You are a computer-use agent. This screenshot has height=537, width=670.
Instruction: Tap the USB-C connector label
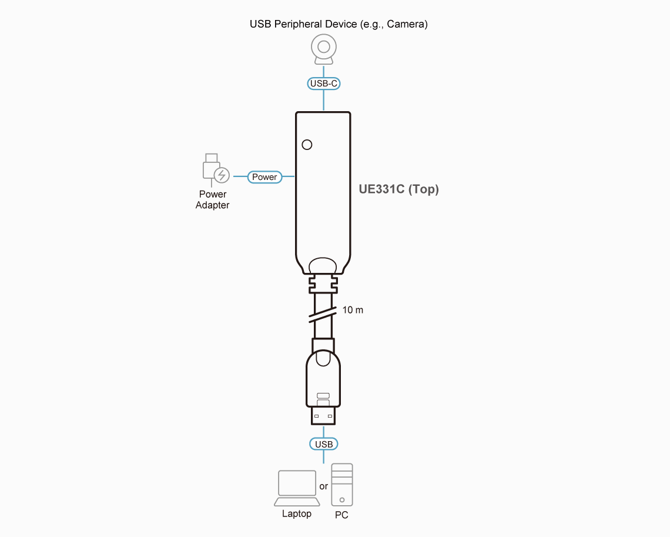[323, 84]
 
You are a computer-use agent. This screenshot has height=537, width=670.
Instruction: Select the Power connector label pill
[264, 176]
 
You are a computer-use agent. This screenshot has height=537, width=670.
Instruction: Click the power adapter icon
[216, 169]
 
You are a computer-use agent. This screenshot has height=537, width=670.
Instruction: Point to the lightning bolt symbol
[222, 175]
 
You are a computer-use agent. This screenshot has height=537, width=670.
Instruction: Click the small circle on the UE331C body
[307, 145]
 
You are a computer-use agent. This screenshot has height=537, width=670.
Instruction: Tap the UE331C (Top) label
[398, 189]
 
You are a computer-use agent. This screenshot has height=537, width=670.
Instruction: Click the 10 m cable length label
[353, 310]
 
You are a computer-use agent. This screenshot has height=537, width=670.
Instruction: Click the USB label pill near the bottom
[323, 444]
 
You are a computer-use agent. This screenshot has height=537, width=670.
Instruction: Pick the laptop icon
[297, 488]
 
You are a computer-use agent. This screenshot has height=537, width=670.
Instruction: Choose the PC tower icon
[342, 485]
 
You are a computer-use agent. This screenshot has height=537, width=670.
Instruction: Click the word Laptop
[297, 513]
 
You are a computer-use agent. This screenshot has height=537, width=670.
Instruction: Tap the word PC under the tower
[341, 515]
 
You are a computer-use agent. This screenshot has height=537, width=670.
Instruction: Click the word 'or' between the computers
[323, 486]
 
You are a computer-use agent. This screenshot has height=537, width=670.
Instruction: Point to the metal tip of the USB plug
[323, 416]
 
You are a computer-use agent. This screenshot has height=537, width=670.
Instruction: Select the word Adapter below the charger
[212, 205]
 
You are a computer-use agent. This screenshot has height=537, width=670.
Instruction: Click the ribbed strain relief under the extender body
[323, 284]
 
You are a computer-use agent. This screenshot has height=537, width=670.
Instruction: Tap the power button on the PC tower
[342, 500]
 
